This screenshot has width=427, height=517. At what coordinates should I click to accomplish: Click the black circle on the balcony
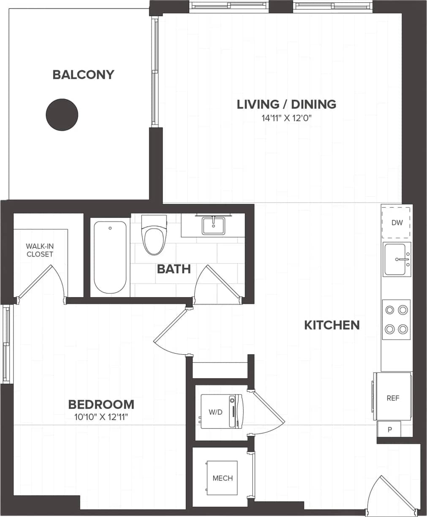tap(62, 115)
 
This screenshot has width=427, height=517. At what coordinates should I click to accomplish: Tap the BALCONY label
tap(83, 75)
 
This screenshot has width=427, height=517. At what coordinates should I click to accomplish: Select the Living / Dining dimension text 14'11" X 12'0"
tap(286, 118)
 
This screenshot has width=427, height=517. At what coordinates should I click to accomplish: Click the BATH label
tap(174, 269)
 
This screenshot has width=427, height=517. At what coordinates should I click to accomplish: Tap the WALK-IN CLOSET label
tap(40, 250)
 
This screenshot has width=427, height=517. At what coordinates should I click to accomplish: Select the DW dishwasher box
tap(397, 223)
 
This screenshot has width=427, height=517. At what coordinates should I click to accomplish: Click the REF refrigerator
tap(392, 398)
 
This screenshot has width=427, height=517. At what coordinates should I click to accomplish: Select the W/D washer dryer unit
tap(221, 412)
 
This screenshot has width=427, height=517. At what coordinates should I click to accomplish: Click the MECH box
tap(222, 478)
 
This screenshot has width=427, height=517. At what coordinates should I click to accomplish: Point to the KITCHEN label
tap(332, 325)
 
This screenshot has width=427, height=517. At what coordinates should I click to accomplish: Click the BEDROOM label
tap(101, 405)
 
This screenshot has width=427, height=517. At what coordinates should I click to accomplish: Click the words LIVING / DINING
tap(286, 104)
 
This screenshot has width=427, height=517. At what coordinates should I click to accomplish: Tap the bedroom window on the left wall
tap(5, 344)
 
